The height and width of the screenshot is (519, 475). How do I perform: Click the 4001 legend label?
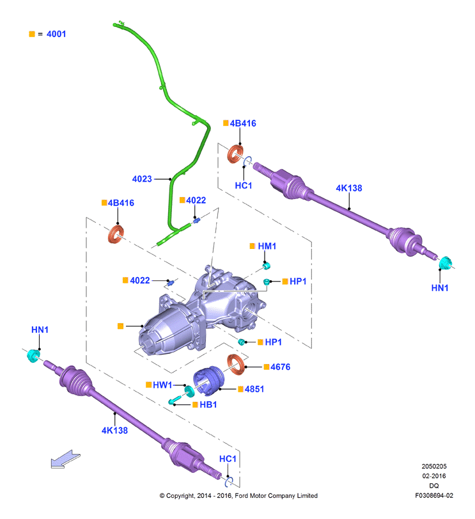(x=56, y=34)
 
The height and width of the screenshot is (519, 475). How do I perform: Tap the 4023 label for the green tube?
(x=142, y=179)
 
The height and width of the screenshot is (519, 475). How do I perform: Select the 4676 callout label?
(x=280, y=367)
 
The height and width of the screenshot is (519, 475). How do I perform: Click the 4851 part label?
(x=254, y=389)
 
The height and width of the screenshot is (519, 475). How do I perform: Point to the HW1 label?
(x=162, y=385)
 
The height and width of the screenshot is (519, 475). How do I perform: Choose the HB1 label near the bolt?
(x=208, y=404)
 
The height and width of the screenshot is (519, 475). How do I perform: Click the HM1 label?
(x=267, y=246)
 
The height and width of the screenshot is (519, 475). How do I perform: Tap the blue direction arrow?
(x=65, y=459)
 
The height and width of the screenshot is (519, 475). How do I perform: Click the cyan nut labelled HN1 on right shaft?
(x=445, y=263)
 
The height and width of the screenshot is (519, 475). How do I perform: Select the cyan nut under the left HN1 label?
(x=33, y=355)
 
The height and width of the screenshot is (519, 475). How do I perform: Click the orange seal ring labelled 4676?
(x=236, y=364)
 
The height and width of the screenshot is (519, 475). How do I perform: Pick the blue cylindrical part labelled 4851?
(x=208, y=381)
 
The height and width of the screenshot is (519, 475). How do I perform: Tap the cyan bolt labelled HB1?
(x=175, y=399)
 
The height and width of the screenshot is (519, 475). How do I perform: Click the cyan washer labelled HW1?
(x=189, y=391)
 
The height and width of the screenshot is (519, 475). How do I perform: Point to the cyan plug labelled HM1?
(x=267, y=266)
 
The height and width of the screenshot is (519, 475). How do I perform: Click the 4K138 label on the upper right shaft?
(x=348, y=188)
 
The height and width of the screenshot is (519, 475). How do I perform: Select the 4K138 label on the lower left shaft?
(x=114, y=431)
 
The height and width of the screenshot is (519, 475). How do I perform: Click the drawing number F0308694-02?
(x=434, y=495)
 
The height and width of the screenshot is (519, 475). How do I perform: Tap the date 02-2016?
(x=433, y=476)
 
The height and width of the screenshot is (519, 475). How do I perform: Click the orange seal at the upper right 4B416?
(x=235, y=154)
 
